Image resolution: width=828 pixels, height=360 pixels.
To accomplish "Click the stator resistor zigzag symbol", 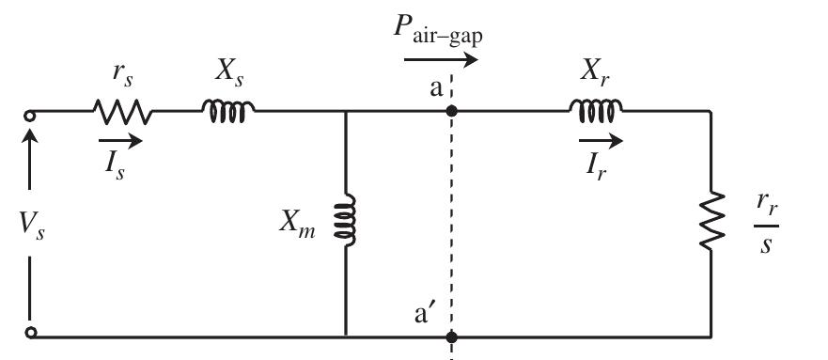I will (x=121, y=112).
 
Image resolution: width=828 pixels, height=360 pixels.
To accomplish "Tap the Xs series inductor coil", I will (x=227, y=111).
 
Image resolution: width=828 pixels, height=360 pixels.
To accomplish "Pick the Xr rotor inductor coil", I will (x=594, y=111).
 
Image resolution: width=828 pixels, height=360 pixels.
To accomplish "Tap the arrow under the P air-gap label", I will (x=442, y=61).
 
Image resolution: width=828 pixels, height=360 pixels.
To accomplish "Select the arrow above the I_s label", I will (x=119, y=142).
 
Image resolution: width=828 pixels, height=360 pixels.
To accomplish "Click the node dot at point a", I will (x=452, y=111).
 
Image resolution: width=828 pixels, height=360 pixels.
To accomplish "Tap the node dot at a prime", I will (x=452, y=336).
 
